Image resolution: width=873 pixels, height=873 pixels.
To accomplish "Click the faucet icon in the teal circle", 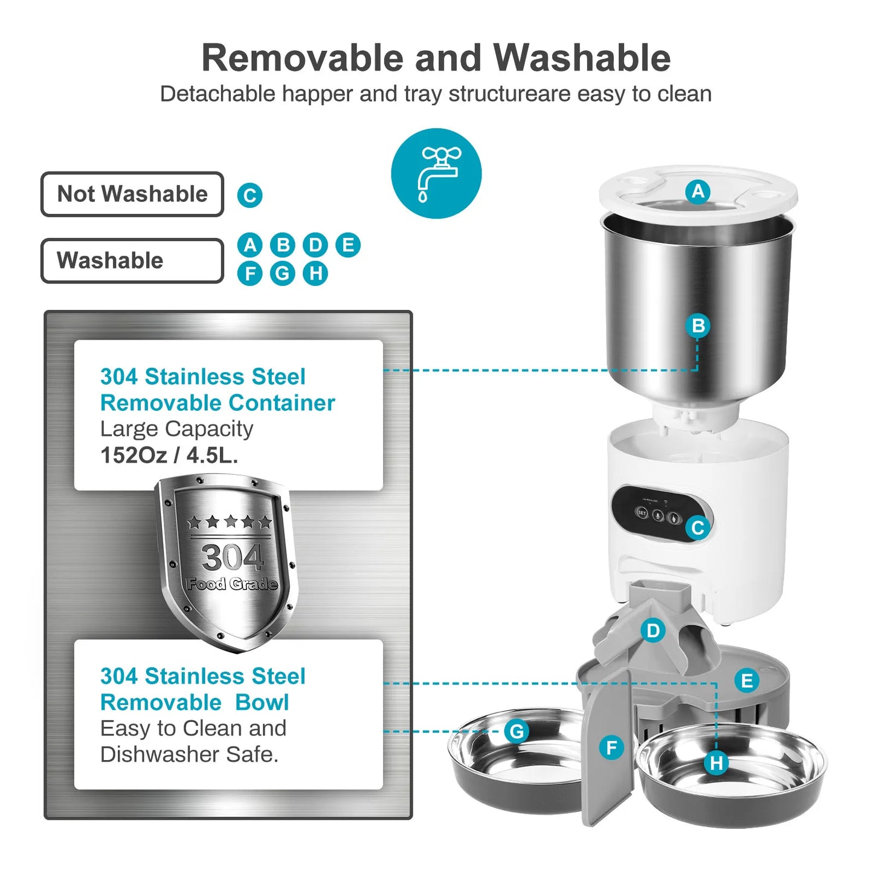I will tap(436, 173).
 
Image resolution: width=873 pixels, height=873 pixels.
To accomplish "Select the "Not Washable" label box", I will tap(132, 195).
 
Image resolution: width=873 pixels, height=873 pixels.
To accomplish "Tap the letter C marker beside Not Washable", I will tap(250, 196).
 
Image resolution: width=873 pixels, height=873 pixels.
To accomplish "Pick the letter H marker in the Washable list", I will tap(315, 273).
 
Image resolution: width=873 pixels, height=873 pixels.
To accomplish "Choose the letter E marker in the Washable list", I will tap(347, 245).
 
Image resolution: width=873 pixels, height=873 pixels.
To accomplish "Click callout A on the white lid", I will tap(698, 192).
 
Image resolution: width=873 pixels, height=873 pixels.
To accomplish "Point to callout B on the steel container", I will tap(698, 326).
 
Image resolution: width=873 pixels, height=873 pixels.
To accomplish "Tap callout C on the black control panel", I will tap(697, 528).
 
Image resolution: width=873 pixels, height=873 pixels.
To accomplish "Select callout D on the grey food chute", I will tap(653, 631).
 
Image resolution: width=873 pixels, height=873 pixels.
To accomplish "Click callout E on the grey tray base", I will tap(747, 681).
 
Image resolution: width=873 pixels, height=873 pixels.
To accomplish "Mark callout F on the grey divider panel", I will tap(611, 748).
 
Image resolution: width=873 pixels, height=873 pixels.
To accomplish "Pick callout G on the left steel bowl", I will tap(517, 732).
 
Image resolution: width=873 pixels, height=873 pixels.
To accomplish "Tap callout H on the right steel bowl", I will tap(717, 763).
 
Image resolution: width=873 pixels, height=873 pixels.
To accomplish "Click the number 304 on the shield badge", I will tap(232, 557).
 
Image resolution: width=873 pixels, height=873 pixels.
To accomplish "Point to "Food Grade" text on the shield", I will tap(232, 584).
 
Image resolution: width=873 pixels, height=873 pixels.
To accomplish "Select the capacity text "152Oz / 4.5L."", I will tap(169, 455).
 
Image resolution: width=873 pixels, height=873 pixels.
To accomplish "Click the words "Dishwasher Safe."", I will tap(189, 755).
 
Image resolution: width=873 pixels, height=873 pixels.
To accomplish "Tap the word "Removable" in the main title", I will tap(302, 58).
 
